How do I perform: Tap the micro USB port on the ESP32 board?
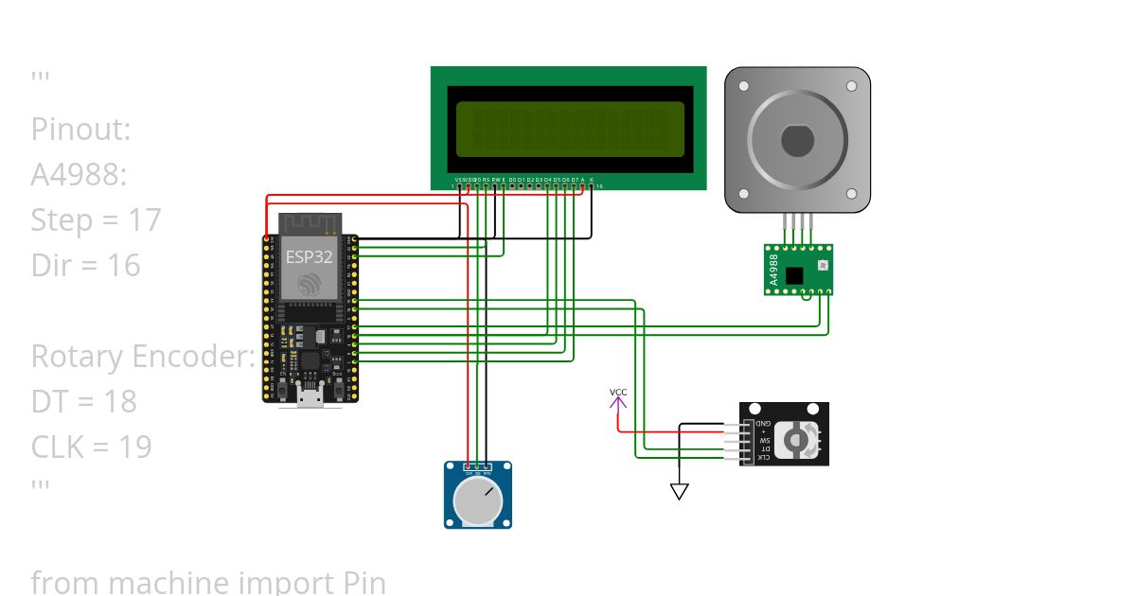click(x=309, y=395)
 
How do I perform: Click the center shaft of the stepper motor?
click(x=797, y=141)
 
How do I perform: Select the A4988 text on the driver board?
click(x=773, y=270)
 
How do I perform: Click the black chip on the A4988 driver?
click(x=794, y=274)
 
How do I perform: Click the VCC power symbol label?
click(x=618, y=392)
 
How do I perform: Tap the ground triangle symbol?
click(x=679, y=491)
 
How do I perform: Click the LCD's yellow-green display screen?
click(x=570, y=129)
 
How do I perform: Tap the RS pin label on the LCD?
click(x=486, y=179)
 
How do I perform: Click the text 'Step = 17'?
click(x=96, y=220)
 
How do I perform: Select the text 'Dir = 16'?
click(x=85, y=266)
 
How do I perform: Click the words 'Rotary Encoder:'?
click(x=143, y=357)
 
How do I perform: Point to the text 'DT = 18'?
click(x=83, y=402)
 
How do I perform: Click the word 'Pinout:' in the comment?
click(x=80, y=130)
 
